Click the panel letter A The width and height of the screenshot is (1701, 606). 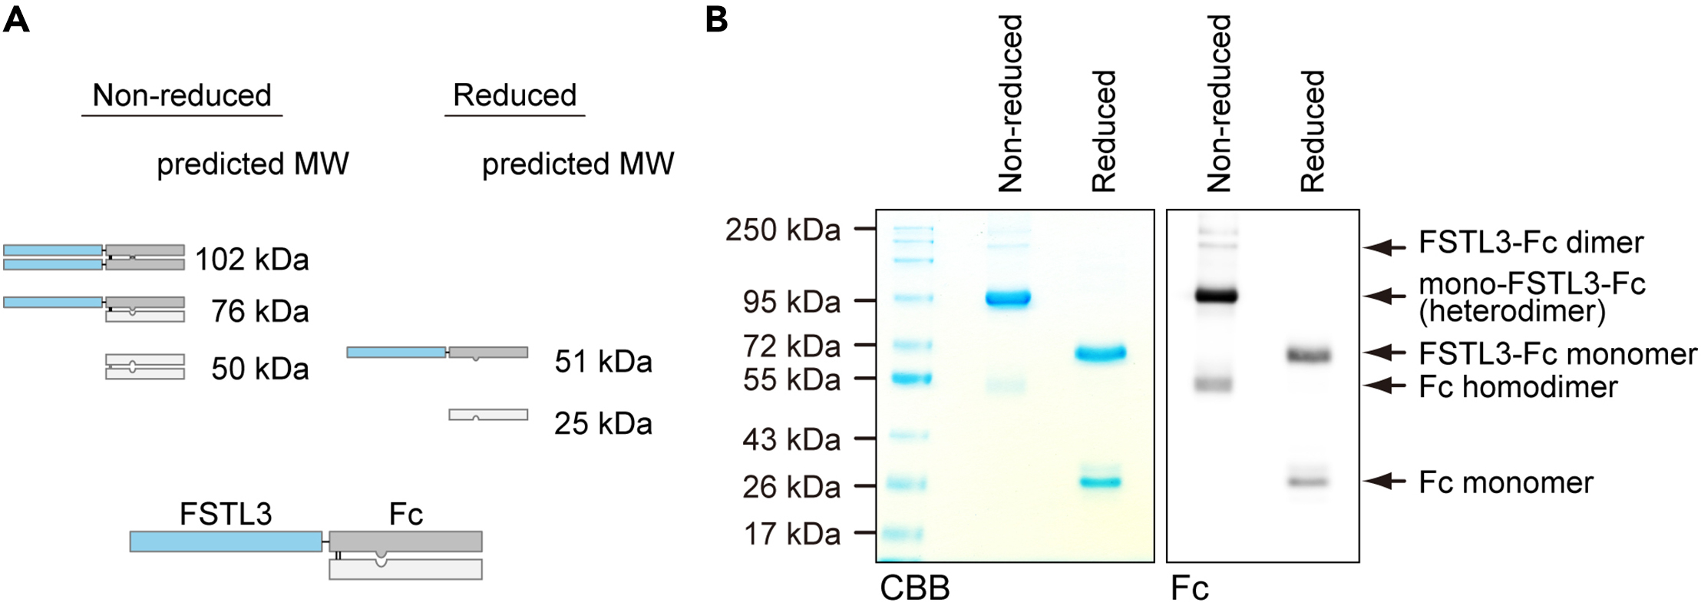(16, 19)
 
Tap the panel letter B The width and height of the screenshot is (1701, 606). (715, 19)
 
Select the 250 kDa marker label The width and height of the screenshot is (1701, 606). (783, 230)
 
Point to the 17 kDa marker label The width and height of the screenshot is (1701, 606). (792, 533)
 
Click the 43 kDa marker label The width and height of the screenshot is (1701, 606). (791, 439)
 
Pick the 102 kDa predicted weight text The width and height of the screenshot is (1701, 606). (252, 260)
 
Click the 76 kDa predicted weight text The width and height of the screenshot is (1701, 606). (260, 311)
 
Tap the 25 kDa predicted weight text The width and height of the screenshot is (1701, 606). (603, 423)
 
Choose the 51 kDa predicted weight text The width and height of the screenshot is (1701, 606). (603, 361)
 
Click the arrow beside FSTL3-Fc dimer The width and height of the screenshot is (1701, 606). (1383, 247)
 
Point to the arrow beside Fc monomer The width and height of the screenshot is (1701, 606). (1383, 482)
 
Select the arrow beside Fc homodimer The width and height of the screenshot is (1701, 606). (1383, 386)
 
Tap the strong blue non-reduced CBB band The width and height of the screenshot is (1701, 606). (1008, 298)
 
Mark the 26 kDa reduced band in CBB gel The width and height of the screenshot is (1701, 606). (1101, 482)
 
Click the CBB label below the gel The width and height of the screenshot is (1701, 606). (914, 588)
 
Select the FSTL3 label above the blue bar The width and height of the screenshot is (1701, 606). (226, 514)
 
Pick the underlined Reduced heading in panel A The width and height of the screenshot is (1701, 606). (514, 95)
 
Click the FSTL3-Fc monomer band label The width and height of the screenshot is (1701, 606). (1557, 353)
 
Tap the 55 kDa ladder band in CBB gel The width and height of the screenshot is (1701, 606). (912, 378)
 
